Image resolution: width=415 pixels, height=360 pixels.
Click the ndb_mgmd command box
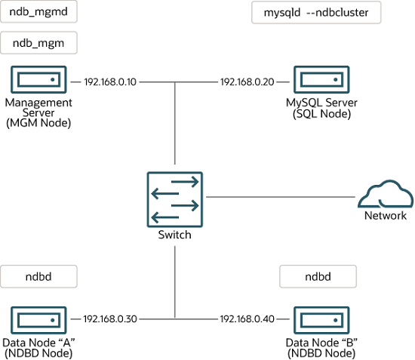pyautogui.click(x=38, y=13)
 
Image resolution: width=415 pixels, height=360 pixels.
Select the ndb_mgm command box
pyautogui.click(x=38, y=44)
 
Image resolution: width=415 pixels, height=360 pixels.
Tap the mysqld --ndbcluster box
pyautogui.click(x=316, y=13)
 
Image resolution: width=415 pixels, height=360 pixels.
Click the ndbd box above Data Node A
pyautogui.click(x=38, y=276)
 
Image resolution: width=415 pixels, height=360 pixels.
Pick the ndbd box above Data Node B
pyautogui.click(x=318, y=276)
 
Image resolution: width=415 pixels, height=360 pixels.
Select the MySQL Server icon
pyautogui.click(x=321, y=79)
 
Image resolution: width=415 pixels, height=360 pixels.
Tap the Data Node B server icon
pyautogui.click(x=321, y=318)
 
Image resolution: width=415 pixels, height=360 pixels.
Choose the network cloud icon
pyautogui.click(x=385, y=195)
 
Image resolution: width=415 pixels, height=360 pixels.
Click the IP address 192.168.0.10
pyautogui.click(x=110, y=81)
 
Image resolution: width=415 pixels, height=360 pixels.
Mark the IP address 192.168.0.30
pyautogui.click(x=110, y=318)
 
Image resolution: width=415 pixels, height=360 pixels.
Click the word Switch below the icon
pyautogui.click(x=174, y=235)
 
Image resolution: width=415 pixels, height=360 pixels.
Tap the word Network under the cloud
pyautogui.click(x=385, y=216)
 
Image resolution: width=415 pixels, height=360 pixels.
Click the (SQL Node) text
pyautogui.click(x=321, y=114)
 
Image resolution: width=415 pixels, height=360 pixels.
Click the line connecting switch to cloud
pyautogui.click(x=279, y=197)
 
